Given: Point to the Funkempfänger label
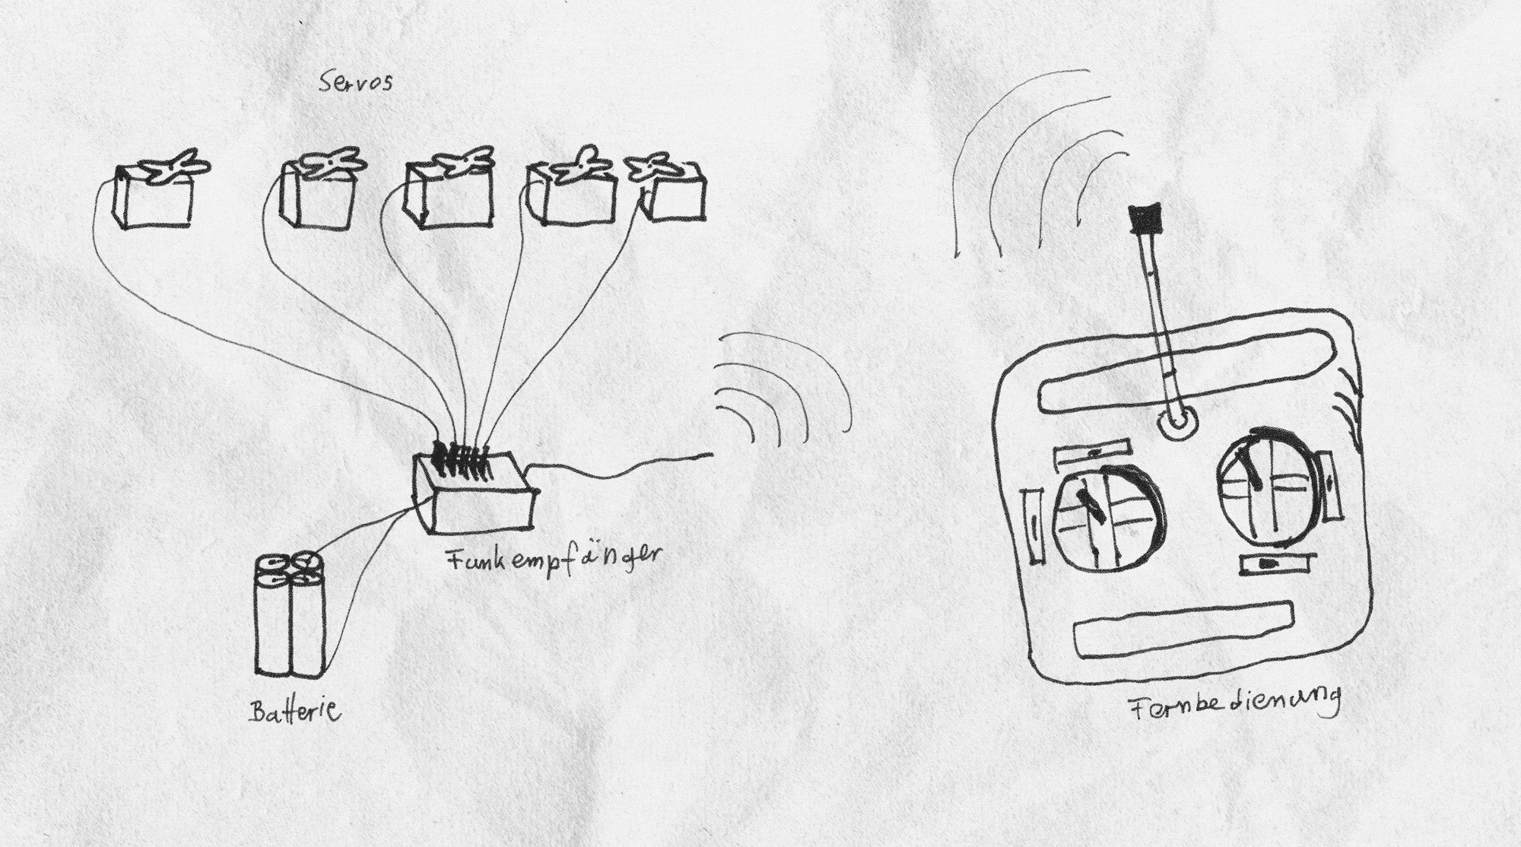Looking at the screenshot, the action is click(x=553, y=561).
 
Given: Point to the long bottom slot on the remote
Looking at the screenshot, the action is click(x=1185, y=630).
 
